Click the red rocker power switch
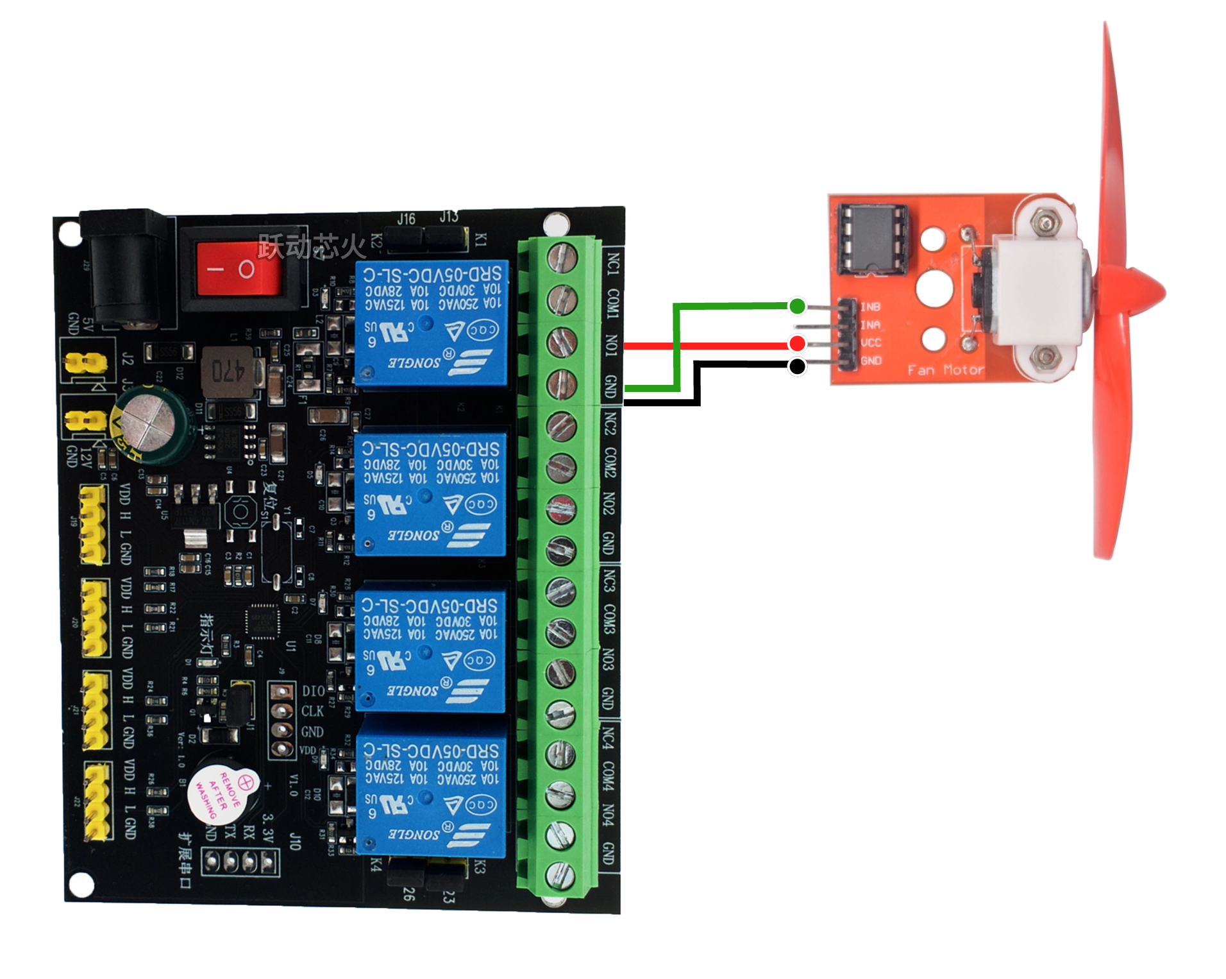point(238,269)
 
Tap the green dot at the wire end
point(797,306)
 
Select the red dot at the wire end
point(797,344)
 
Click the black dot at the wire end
point(797,366)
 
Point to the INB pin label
point(870,307)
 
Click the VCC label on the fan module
point(871,343)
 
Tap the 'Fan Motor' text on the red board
point(945,370)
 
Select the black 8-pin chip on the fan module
point(873,238)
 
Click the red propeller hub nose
point(1148,292)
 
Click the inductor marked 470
point(231,371)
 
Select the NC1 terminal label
point(613,264)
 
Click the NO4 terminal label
point(608,815)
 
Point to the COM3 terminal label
point(609,618)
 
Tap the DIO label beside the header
point(313,691)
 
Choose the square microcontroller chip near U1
point(262,621)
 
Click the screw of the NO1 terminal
point(562,343)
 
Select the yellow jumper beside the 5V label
point(85,362)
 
